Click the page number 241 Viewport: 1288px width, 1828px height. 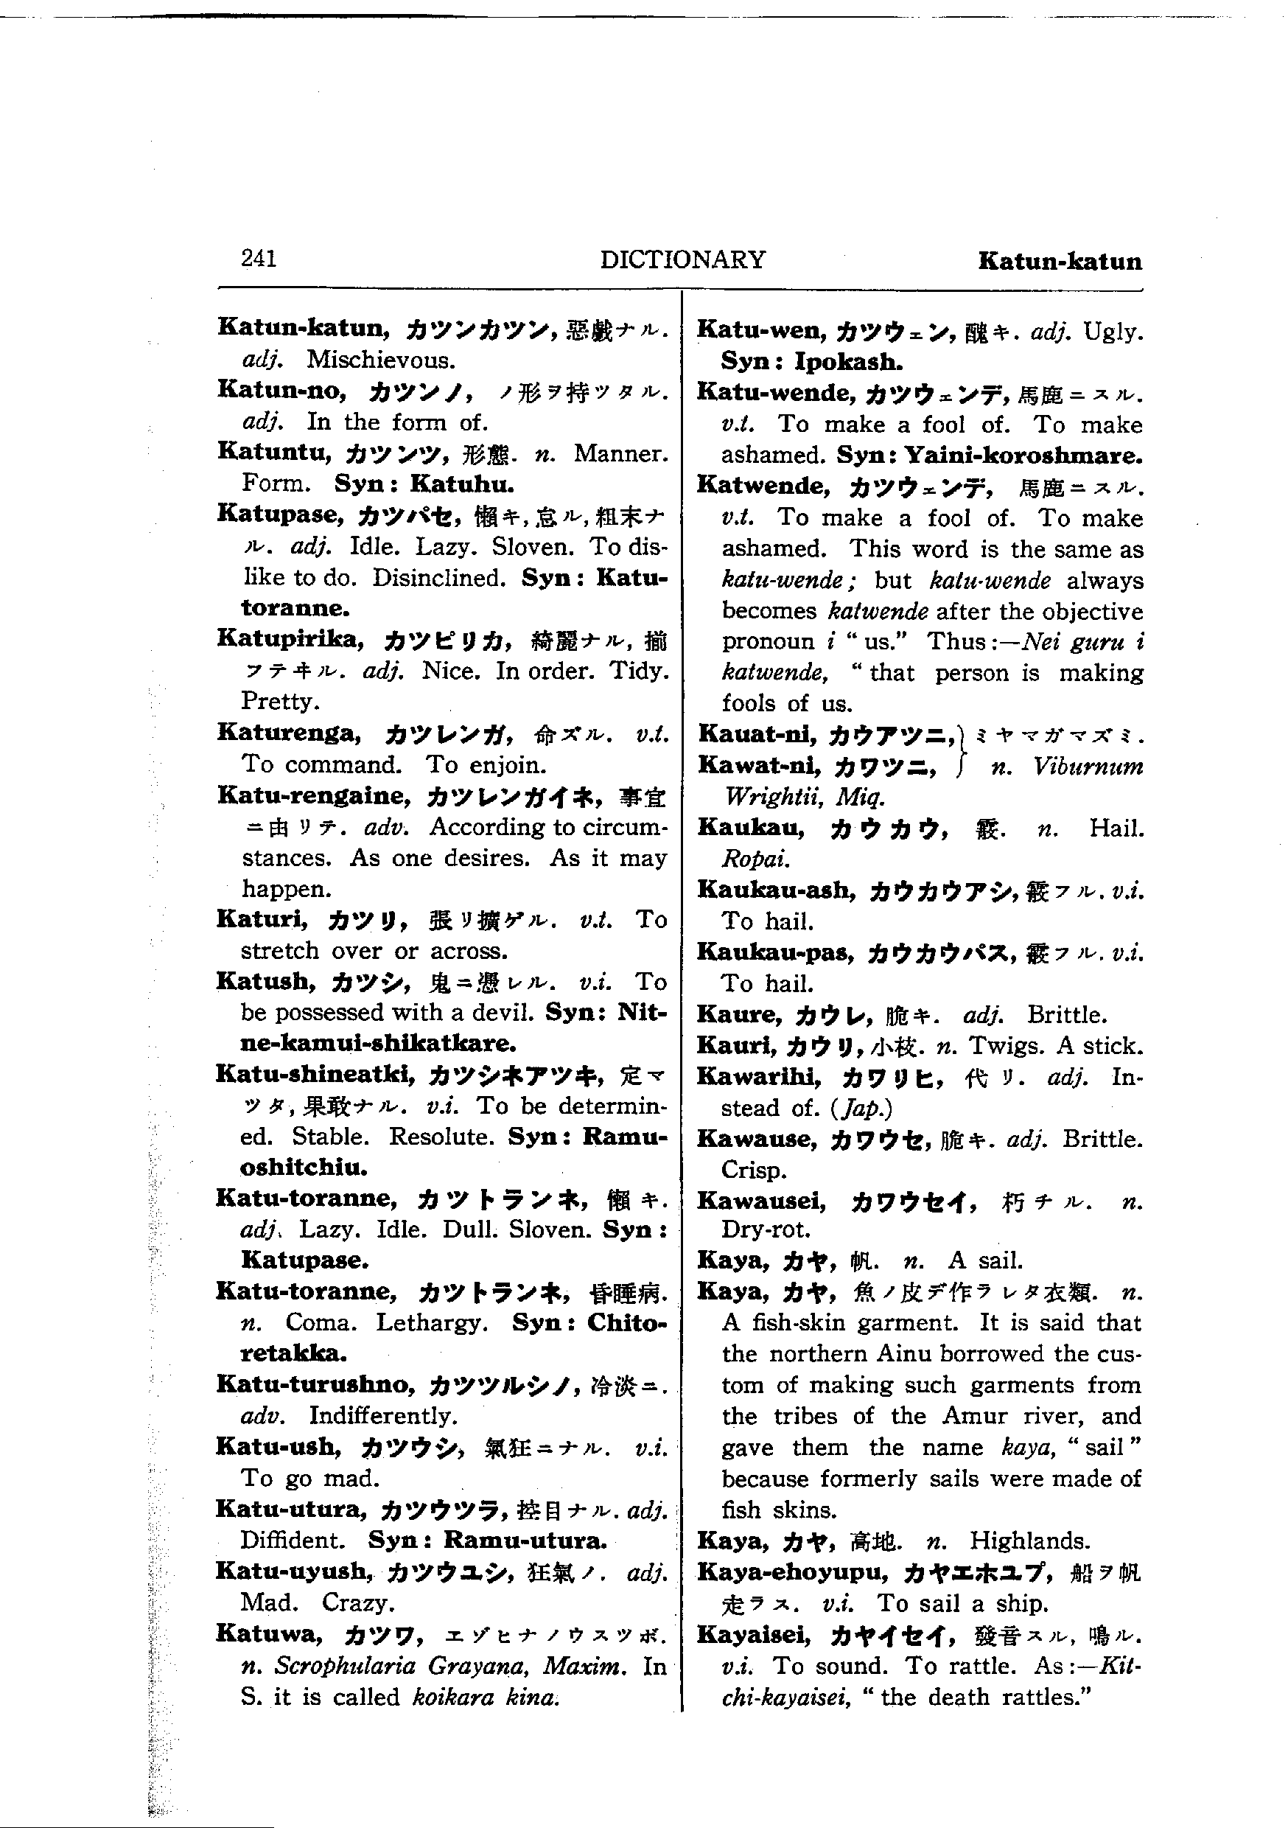pyautogui.click(x=259, y=258)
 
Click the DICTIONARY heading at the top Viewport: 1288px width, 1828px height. pyautogui.click(x=682, y=259)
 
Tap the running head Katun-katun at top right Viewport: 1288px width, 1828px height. pyautogui.click(x=1060, y=261)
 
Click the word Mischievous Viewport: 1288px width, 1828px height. pyautogui.click(x=381, y=360)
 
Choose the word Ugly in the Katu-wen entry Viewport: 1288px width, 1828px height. pyautogui.click(x=1113, y=331)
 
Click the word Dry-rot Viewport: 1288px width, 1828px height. pyautogui.click(x=766, y=1230)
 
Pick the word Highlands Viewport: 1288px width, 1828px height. pyautogui.click(x=1029, y=1541)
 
